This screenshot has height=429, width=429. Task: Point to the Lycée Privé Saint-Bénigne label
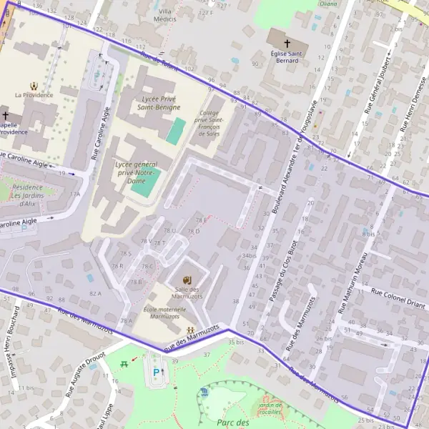pyautogui.click(x=159, y=102)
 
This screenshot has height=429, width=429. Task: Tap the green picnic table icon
pyautogui.click(x=126, y=363)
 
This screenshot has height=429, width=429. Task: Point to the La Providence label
pyautogui.click(x=34, y=94)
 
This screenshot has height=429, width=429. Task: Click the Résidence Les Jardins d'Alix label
pyautogui.click(x=28, y=195)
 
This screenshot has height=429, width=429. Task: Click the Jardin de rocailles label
pyautogui.click(x=270, y=408)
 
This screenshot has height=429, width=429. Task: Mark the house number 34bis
pyautogui.click(x=249, y=255)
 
